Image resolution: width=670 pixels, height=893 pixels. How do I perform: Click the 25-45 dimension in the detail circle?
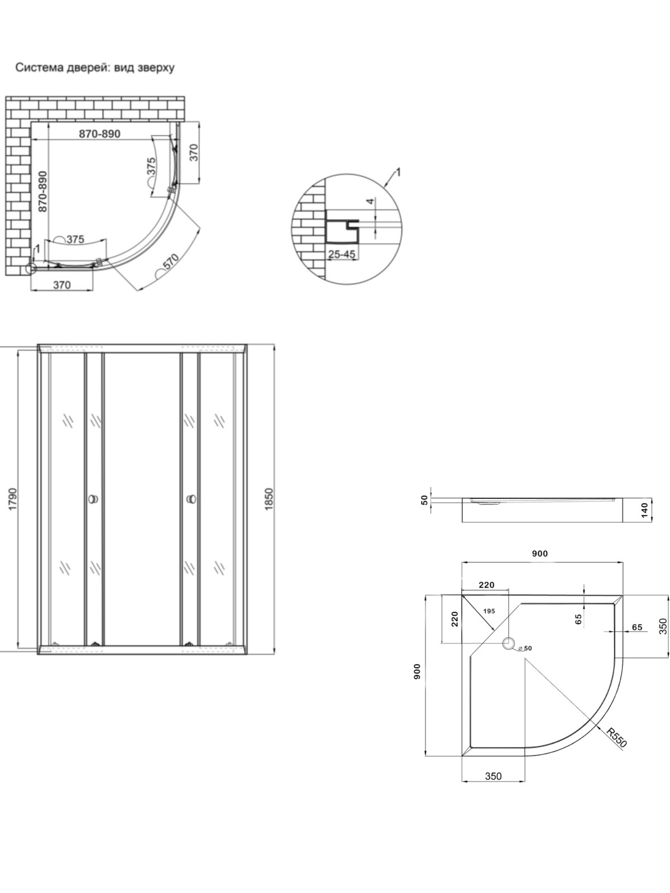click(342, 255)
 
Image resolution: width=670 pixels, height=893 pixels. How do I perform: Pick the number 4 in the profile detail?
click(370, 201)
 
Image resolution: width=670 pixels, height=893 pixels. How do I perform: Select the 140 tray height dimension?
click(644, 510)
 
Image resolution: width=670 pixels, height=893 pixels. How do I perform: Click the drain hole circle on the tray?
click(508, 643)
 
